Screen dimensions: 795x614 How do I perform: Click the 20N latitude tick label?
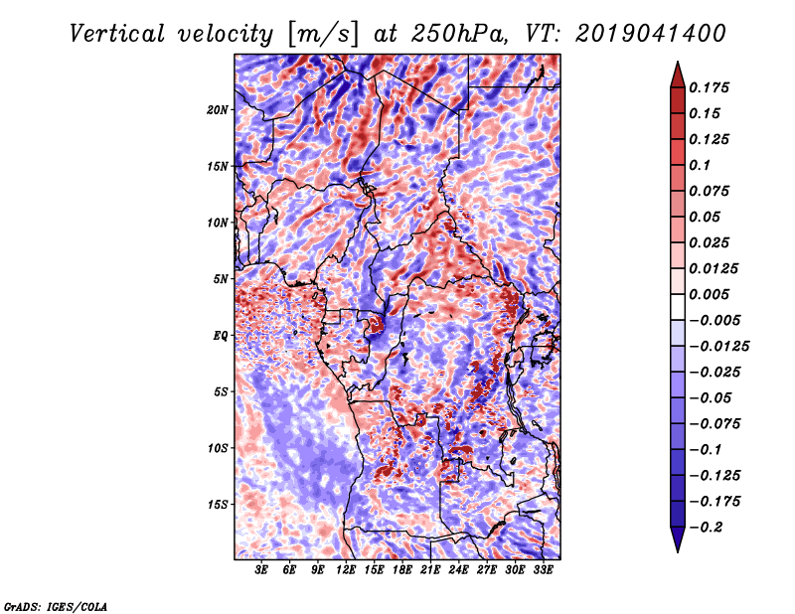(x=218, y=110)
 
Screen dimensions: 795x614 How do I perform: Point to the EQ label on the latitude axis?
(x=220, y=336)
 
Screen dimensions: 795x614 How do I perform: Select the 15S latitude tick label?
(x=218, y=505)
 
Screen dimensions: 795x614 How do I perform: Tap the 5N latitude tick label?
(x=221, y=279)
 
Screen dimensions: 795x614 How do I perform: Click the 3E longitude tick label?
(x=260, y=570)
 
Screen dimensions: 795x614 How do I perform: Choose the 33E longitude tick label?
(x=543, y=570)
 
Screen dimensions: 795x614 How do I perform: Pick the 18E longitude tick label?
(x=401, y=570)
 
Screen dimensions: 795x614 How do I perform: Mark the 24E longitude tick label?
(x=458, y=570)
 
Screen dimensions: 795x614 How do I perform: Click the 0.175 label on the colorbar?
(x=710, y=87)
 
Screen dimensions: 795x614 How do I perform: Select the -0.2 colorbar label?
(x=706, y=528)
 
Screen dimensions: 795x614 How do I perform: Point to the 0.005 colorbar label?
(x=710, y=294)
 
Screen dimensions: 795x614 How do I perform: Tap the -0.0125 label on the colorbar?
(x=718, y=347)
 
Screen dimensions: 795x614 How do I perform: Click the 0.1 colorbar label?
(x=701, y=165)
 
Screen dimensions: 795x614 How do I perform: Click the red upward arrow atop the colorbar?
(x=678, y=75)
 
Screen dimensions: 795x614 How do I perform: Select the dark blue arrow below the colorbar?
(x=678, y=539)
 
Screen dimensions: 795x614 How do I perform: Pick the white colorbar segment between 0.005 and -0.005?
(x=678, y=307)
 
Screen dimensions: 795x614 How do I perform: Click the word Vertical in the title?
(x=117, y=34)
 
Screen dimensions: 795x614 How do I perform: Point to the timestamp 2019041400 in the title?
(x=651, y=34)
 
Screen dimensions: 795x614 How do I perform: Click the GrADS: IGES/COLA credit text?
(x=56, y=607)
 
